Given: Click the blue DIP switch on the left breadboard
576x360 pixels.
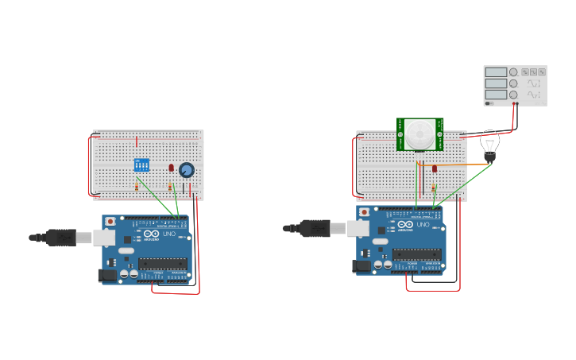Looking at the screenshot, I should point(141,165).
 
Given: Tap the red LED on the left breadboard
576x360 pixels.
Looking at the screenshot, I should point(171,168).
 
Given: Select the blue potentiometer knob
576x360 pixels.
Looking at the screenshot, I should point(187,170).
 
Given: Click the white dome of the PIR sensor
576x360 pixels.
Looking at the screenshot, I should point(419,132).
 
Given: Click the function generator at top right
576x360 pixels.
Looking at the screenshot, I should point(515,85).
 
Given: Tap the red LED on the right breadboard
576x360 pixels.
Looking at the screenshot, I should point(434,168).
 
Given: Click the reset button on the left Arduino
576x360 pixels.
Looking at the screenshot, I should point(110,221).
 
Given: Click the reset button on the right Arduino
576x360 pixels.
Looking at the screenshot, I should point(364,213).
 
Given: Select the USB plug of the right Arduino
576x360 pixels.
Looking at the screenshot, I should point(315,228).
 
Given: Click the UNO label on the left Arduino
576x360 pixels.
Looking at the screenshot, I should point(168,234).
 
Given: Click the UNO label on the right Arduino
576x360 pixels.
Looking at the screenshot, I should point(423,225).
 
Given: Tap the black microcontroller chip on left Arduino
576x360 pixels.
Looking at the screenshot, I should point(162,263).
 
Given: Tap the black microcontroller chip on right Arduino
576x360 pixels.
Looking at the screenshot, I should point(416,254).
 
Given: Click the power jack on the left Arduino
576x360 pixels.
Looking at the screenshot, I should point(106,276).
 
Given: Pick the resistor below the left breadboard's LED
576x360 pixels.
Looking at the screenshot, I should point(170,187).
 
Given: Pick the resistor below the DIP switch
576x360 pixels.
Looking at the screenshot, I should point(137,187).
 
